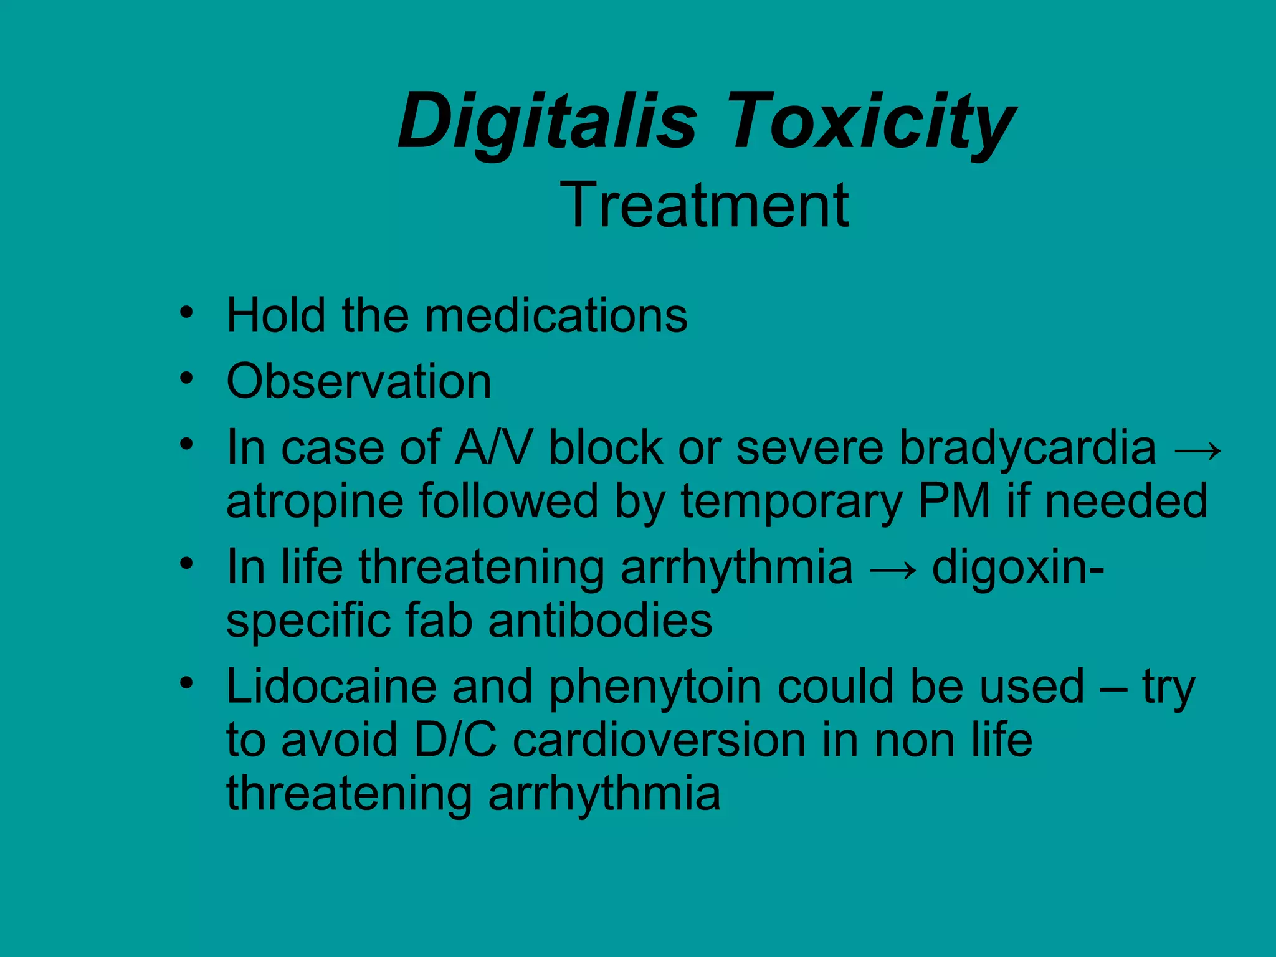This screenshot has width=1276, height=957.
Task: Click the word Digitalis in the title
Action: (x=547, y=121)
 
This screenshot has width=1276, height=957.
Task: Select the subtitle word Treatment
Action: (x=705, y=205)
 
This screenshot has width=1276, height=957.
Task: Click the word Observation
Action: (x=359, y=381)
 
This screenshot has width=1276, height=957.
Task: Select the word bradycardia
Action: (x=1027, y=447)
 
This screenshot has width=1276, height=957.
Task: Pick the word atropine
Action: (x=315, y=502)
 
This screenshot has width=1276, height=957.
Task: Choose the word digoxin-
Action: (x=1018, y=568)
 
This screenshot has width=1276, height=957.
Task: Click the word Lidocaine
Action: (x=331, y=687)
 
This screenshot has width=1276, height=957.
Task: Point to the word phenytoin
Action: (x=655, y=688)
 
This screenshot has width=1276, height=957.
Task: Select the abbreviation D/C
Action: (x=455, y=740)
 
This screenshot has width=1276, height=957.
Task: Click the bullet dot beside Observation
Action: (x=186, y=378)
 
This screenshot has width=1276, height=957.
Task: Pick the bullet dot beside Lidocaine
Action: (x=186, y=683)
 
